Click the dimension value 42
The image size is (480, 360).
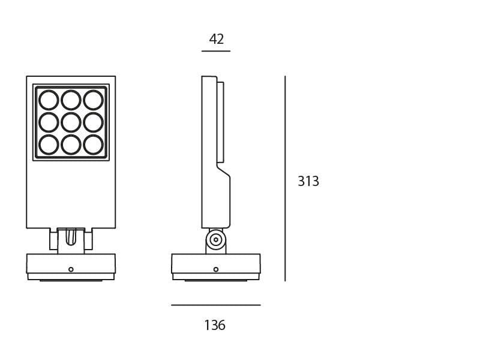tap(216, 40)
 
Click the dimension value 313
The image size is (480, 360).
tap(308, 181)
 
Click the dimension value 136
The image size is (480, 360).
tap(215, 325)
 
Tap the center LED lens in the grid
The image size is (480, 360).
tap(71, 122)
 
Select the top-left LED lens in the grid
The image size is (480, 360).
tap(49, 100)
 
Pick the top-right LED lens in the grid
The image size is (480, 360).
tap(93, 100)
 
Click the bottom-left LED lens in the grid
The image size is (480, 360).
tap(49, 145)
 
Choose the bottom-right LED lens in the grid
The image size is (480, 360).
tap(93, 145)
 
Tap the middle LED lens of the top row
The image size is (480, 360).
tap(71, 100)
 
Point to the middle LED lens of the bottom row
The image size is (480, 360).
tap(71, 145)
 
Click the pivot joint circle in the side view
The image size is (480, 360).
tap(216, 239)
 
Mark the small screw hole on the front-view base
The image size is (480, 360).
tap(71, 269)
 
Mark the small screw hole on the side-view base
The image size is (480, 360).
tap(216, 269)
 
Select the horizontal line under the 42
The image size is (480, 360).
tap(216, 51)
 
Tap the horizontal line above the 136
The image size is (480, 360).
tap(216, 305)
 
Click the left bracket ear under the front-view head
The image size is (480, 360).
tap(53, 240)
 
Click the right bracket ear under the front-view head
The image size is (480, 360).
tap(88, 240)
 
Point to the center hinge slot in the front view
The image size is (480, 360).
tap(71, 237)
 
